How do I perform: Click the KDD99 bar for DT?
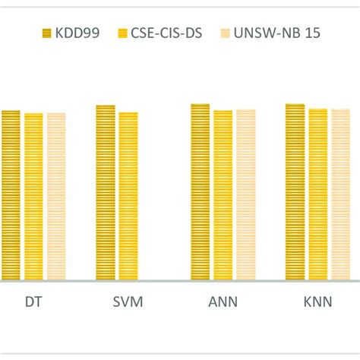(x=11, y=195)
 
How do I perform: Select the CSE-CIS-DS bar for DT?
(x=33, y=197)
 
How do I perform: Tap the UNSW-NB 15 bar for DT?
(x=56, y=197)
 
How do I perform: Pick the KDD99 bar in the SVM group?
(x=106, y=193)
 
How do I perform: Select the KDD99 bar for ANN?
(x=200, y=192)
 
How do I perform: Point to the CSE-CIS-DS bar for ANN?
(x=223, y=195)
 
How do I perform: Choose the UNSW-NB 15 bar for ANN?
(x=245, y=195)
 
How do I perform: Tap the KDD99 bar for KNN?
(x=295, y=192)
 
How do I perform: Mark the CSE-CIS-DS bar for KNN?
(x=317, y=194)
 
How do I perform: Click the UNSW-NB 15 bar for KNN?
(x=340, y=194)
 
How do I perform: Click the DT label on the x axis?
(x=33, y=302)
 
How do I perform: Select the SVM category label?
(x=128, y=302)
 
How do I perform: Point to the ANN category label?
(x=223, y=302)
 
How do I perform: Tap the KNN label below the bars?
(x=317, y=302)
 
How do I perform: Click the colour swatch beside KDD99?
(x=48, y=33)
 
